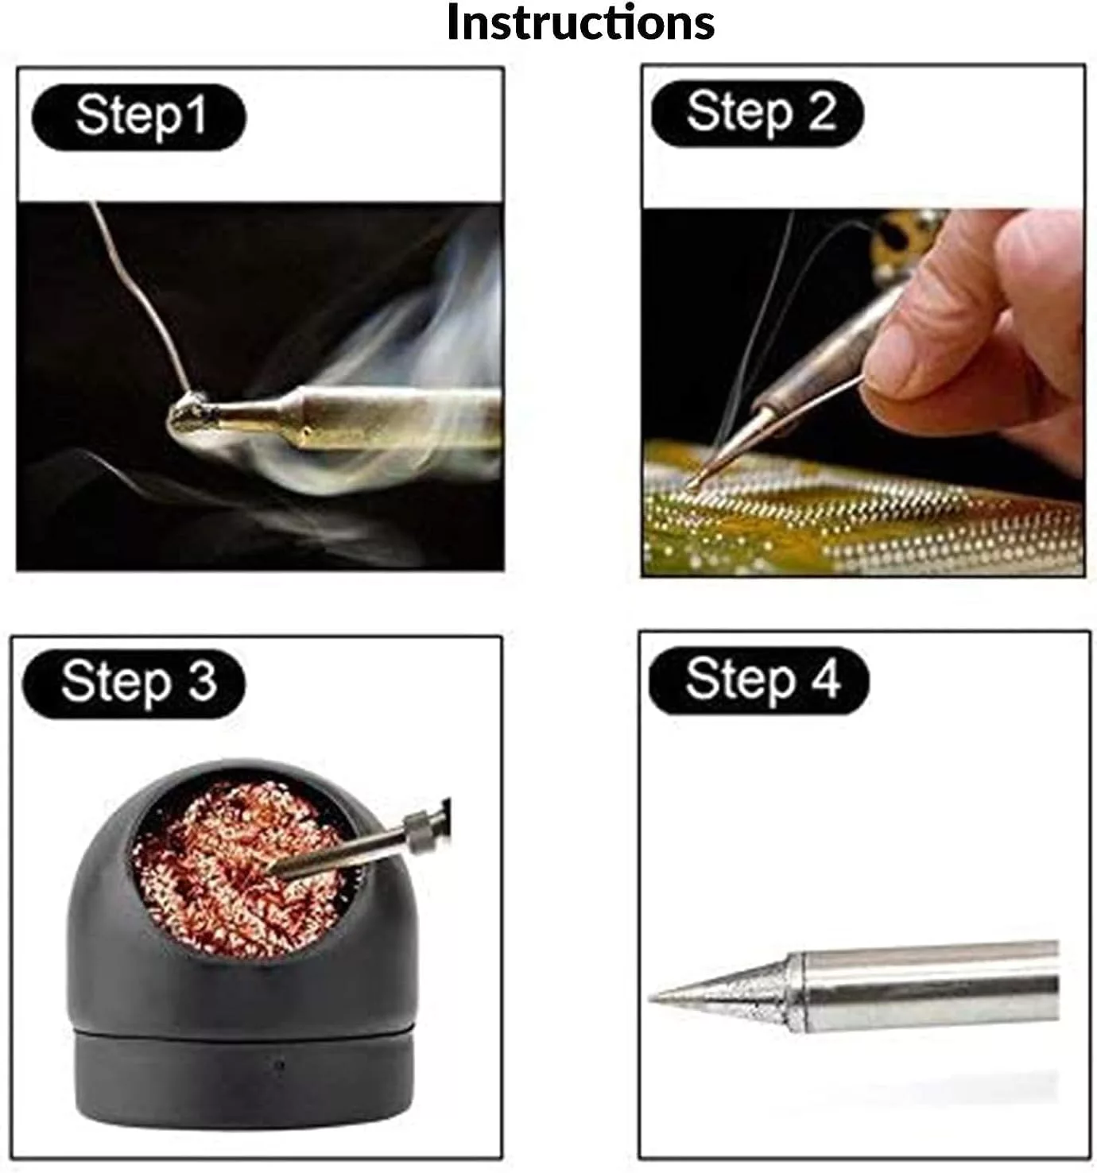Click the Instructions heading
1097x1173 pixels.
(580, 23)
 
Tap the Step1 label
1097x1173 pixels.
(139, 116)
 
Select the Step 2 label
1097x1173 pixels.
(757, 114)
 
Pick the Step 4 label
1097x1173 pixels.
(759, 681)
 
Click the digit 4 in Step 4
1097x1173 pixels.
(824, 679)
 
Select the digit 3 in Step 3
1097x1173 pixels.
(202, 682)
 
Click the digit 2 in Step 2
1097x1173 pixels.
(822, 110)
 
